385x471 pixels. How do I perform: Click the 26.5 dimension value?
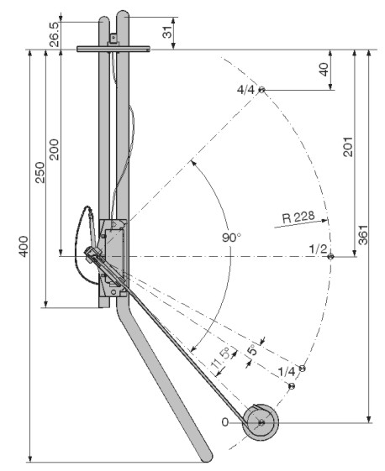[x=55, y=34]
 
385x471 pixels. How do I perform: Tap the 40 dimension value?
[x=324, y=70]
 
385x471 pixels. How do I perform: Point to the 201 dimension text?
[x=348, y=147]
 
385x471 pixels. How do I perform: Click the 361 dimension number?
[x=363, y=234]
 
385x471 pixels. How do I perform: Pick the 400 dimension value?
[x=24, y=246]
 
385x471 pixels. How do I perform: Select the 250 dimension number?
[x=40, y=172]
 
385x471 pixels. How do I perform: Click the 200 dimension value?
[x=54, y=149]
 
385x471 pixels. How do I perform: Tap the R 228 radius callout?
[x=298, y=217]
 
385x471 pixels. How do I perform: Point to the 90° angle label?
[x=232, y=238]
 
